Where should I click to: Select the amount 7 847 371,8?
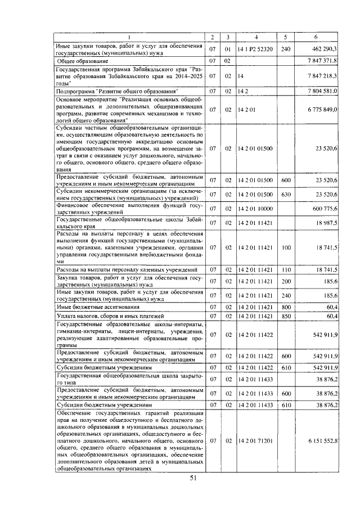(322, 60)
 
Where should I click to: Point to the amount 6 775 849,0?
(322, 111)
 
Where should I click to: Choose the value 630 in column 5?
(286, 194)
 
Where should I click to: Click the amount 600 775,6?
(322, 209)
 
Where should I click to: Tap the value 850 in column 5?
(286, 316)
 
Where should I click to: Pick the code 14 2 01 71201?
(255, 442)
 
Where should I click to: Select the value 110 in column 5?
(286, 270)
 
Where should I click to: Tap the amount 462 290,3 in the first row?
(323, 49)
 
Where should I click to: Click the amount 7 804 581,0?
(322, 91)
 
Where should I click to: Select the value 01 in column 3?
(228, 49)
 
